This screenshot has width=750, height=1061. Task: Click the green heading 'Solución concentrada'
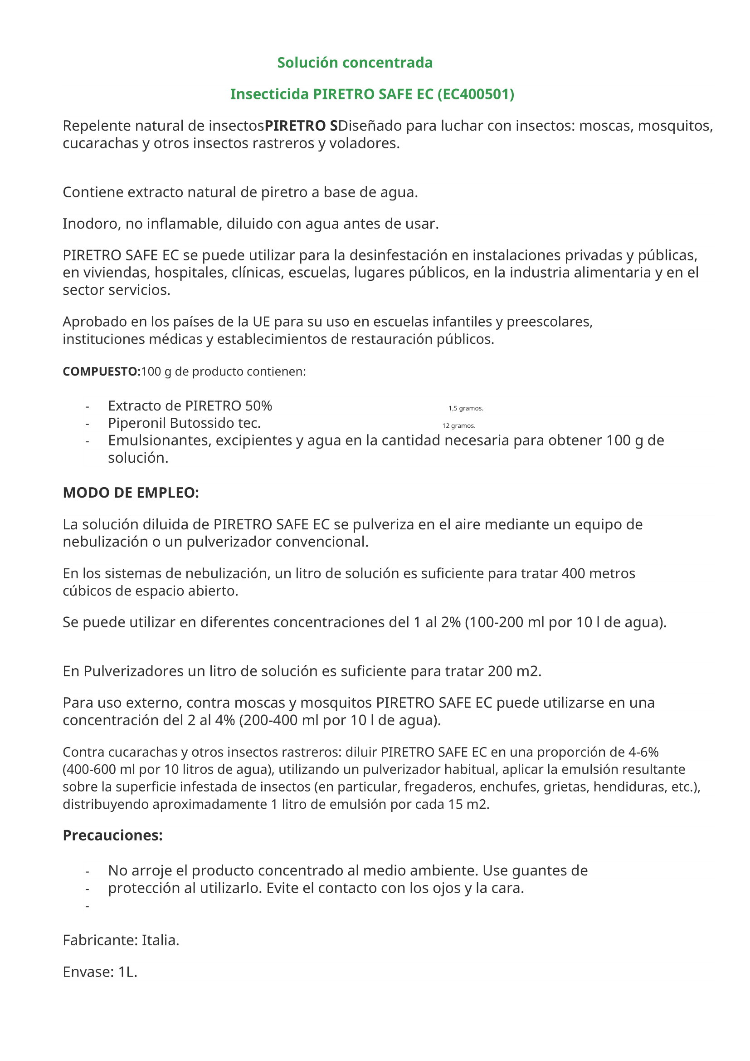point(355,63)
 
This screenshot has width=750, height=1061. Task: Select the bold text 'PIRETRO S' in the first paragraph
point(301,126)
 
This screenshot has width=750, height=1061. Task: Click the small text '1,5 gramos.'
point(466,408)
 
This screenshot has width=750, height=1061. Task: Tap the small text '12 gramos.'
point(458,425)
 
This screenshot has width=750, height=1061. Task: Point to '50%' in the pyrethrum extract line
point(258,406)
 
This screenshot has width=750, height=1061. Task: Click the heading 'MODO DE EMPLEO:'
point(131,493)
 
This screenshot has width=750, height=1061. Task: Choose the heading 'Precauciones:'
point(113,836)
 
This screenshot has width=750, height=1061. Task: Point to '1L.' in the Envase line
point(128,972)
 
